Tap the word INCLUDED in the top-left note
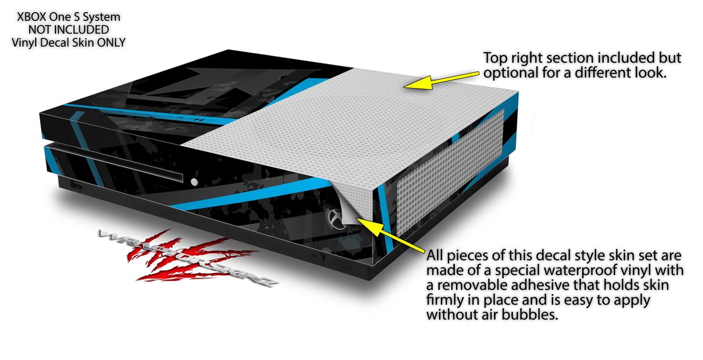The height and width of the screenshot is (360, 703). pos(84,30)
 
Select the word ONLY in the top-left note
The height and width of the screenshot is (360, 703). pos(110,42)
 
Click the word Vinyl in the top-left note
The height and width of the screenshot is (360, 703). pos(25,42)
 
